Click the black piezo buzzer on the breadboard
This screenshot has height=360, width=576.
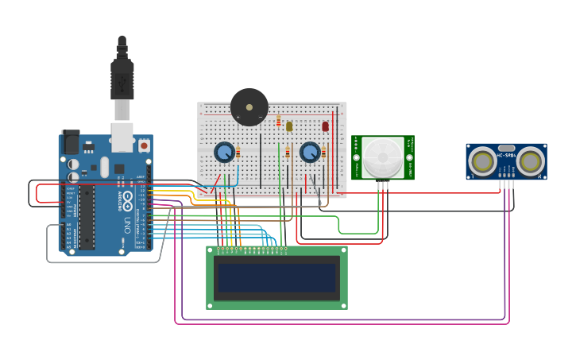pyautogui.click(x=249, y=107)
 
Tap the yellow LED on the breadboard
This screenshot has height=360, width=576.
pyautogui.click(x=289, y=126)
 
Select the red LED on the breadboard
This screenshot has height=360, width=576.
pyautogui.click(x=325, y=126)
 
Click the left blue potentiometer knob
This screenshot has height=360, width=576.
pyautogui.click(x=224, y=152)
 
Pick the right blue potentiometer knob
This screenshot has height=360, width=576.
pyautogui.click(x=310, y=152)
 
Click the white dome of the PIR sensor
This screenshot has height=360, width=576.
pyautogui.click(x=383, y=156)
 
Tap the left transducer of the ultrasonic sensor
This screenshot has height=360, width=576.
pyautogui.click(x=482, y=162)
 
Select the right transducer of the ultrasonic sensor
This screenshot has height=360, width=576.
pyautogui.click(x=530, y=162)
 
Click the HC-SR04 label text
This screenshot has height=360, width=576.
pyautogui.click(x=506, y=154)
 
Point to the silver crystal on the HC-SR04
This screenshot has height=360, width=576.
pyautogui.click(x=506, y=148)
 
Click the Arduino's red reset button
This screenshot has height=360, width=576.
pyautogui.click(x=144, y=145)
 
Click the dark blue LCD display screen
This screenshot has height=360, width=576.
pyautogui.click(x=276, y=278)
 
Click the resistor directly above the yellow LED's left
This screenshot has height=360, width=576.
pyautogui.click(x=278, y=120)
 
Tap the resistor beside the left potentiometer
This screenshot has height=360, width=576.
pyautogui.click(x=238, y=153)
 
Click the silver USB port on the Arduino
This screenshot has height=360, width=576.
pyautogui.click(x=122, y=137)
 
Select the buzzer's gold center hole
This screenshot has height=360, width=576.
pyautogui.click(x=249, y=106)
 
